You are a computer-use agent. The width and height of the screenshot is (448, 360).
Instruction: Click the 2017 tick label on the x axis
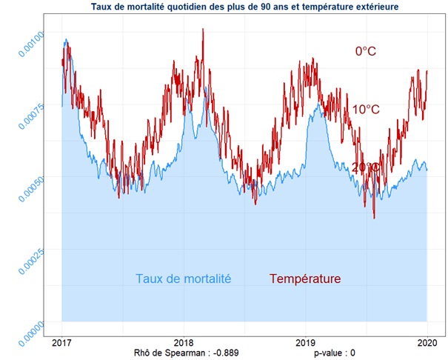pos(61,342)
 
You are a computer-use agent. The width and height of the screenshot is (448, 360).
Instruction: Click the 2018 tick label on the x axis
pos(183,342)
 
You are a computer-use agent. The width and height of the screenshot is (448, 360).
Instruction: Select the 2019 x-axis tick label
pos(305,342)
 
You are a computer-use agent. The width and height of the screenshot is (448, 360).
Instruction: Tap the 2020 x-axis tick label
pos(427,342)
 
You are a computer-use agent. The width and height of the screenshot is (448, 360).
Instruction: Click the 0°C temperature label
pos(366,51)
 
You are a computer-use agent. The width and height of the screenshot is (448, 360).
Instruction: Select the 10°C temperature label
pos(366,110)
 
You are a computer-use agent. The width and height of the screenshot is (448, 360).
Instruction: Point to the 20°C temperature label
pos(366,167)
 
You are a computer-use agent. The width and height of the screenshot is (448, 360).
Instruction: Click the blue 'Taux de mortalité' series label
pos(184,279)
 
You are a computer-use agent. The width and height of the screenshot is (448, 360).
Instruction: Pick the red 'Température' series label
pos(305,279)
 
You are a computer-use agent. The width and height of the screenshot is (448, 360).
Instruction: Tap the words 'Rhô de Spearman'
pos(167,353)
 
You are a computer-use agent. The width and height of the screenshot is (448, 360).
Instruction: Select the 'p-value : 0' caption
pos(335,353)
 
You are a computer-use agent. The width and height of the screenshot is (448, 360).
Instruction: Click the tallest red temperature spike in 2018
pos(203,30)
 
